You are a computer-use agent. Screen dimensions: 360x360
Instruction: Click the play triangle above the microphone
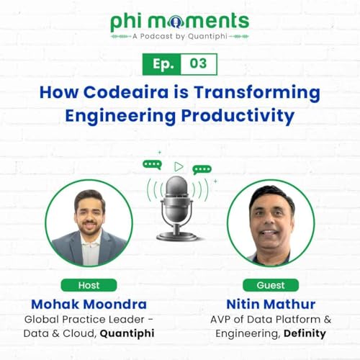coord(178,166)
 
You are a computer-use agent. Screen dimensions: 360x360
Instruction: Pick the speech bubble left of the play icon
coord(152,164)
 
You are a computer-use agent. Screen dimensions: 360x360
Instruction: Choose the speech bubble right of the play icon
coord(202,170)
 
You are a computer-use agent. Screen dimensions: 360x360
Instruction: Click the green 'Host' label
coord(88,284)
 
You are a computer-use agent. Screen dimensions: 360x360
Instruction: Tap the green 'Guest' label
coord(271,284)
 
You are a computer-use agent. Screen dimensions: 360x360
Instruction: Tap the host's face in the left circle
coord(89,212)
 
